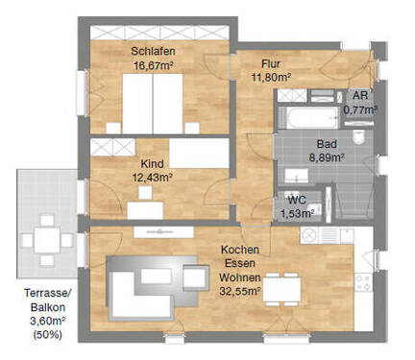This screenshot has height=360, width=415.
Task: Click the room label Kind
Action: point(152,164)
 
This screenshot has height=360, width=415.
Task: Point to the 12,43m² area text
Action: point(152,178)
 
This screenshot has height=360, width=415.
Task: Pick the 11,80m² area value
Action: point(271,77)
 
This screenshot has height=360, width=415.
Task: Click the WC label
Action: point(298,200)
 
